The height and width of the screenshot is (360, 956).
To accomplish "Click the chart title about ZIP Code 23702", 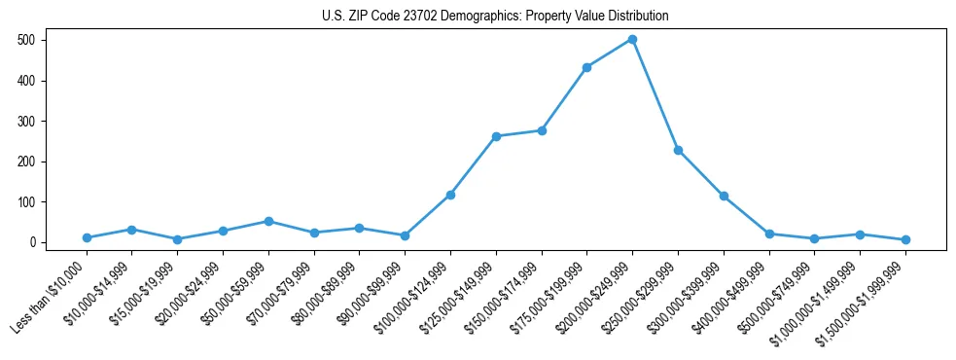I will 495,16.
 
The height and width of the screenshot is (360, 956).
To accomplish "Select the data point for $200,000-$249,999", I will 632,39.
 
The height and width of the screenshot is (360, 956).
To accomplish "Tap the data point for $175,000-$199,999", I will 586,67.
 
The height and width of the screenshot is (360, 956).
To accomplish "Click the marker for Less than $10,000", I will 87,237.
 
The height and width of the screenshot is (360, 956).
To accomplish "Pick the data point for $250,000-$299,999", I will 678,150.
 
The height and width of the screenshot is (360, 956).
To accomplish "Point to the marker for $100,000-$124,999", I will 450,195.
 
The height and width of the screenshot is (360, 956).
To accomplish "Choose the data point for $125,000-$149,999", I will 496,136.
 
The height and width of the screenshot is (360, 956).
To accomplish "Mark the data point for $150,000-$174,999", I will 542,130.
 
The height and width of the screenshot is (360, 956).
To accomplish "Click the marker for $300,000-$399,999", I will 724,196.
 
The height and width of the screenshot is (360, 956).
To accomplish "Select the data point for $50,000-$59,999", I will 268,221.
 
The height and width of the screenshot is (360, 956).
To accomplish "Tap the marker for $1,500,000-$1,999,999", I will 905,239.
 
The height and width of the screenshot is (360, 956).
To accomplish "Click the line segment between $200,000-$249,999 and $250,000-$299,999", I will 655,94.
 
